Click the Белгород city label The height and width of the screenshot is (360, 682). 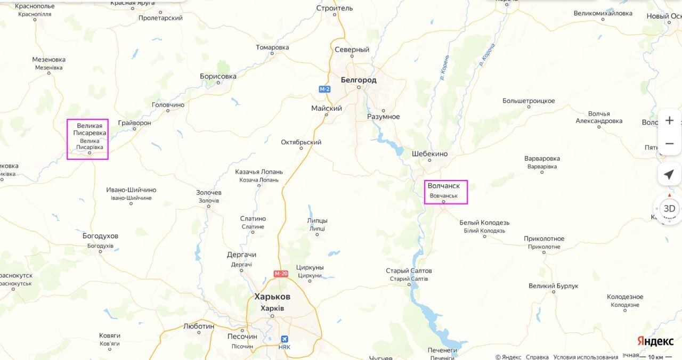pos(358,80)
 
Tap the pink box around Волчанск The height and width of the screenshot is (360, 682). pos(446,192)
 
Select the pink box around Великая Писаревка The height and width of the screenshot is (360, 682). pos(87,139)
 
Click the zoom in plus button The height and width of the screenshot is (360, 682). pos(669,120)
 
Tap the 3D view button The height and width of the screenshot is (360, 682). pos(669,208)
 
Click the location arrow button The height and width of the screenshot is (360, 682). pos(669,174)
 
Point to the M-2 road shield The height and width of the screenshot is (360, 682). pos(324,89)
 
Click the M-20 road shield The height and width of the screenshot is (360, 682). pos(281,274)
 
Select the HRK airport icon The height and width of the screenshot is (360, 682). pos(285,339)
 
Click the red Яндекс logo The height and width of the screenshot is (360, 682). pos(655,341)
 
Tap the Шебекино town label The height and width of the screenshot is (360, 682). pos(429,154)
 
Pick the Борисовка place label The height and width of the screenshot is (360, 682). pos(218,76)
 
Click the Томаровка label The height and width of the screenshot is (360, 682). pos(272,47)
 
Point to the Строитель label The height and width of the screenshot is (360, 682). pos(335,8)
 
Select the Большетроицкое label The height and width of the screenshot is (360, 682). pos(529,101)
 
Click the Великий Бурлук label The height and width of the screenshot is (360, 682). pos(553,286)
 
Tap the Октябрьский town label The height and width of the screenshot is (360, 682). pos(301,142)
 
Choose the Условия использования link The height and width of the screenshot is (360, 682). pos(586,357)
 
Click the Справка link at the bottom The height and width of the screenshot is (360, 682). pos(537,357)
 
